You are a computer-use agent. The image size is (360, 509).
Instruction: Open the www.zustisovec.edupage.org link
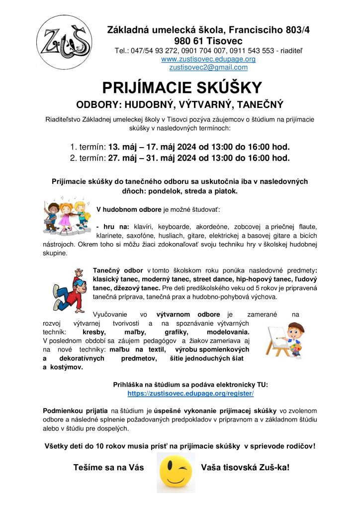(208, 59)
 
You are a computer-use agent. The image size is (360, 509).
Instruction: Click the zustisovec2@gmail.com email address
(208, 68)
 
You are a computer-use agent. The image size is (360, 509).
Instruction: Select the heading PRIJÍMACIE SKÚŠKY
(181, 88)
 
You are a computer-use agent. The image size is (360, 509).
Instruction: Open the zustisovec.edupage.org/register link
(191, 393)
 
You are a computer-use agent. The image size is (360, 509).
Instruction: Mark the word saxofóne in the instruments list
(137, 236)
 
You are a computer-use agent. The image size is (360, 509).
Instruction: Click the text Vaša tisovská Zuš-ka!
(245, 467)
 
